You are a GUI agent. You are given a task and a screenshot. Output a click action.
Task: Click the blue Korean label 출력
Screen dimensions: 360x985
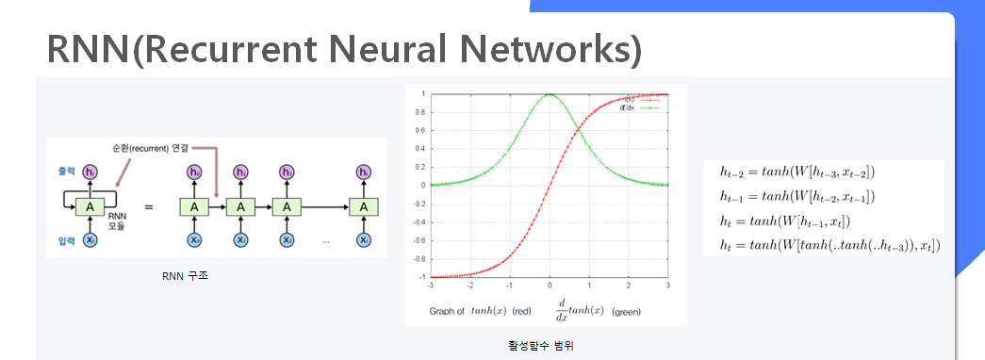click(x=65, y=172)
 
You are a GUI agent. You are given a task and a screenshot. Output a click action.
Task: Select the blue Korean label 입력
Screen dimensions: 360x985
click(x=65, y=241)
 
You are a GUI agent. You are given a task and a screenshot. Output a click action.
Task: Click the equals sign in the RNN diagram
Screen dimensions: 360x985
click(x=147, y=205)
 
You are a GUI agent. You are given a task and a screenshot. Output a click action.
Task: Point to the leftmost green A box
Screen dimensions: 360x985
click(x=90, y=206)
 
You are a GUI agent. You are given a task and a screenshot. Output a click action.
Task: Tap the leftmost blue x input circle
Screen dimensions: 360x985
click(x=90, y=241)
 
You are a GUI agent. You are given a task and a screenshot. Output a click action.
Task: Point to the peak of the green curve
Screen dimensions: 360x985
click(x=550, y=94)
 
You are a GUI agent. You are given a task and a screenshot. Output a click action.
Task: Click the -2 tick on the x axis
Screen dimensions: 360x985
click(x=470, y=285)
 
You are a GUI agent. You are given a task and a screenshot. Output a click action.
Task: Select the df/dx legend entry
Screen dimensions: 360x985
click(x=629, y=106)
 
